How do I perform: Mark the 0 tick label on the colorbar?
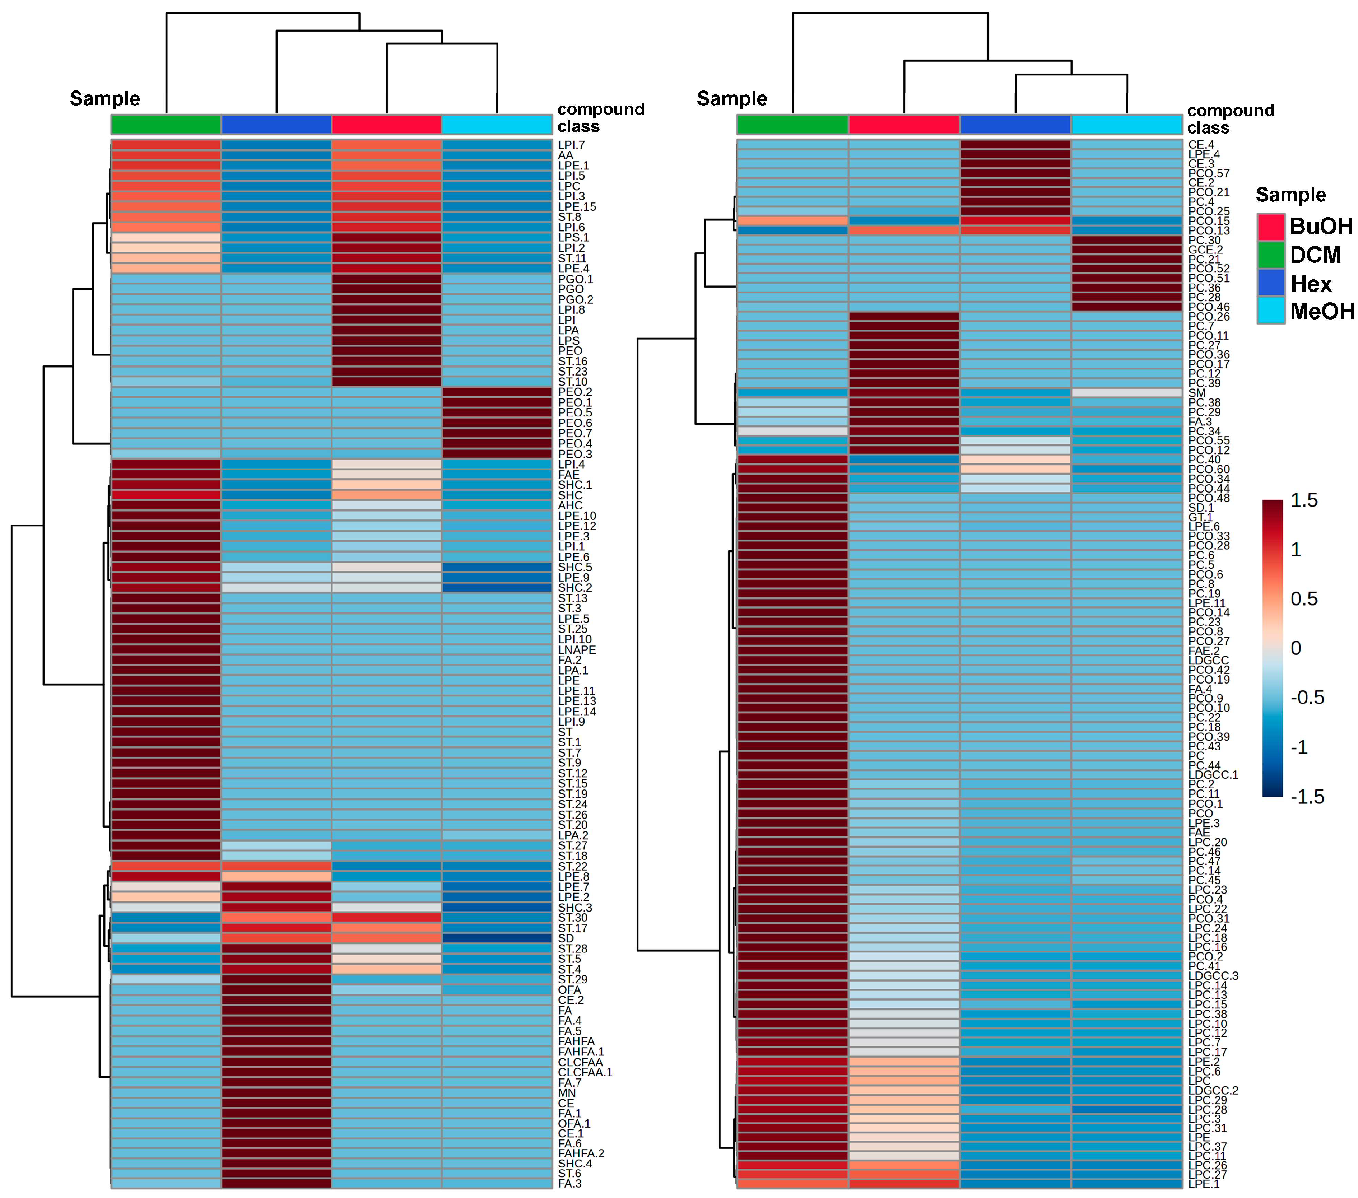coord(1296,648)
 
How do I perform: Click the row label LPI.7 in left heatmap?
coord(571,145)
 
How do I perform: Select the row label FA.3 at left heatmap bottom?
coord(569,1183)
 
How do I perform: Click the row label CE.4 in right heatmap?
coord(1200,144)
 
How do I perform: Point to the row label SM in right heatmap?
coord(1196,393)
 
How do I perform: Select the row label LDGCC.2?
coord(1213,1090)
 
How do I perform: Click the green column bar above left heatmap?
coord(166,124)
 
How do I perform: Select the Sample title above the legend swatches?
coord(1290,195)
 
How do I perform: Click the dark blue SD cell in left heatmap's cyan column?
coord(497,938)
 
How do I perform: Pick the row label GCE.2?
coord(1205,250)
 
